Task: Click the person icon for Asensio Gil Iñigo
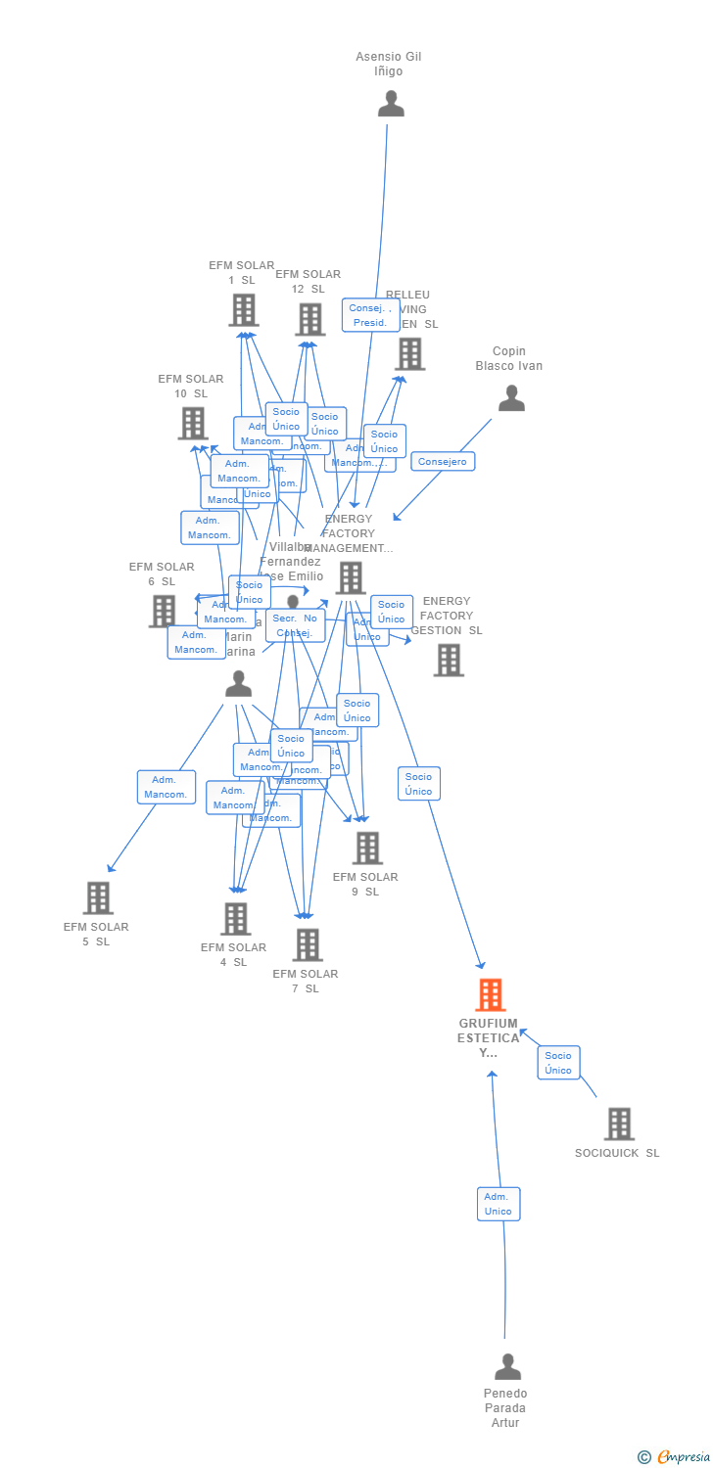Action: [391, 104]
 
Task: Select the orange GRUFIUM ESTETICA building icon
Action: [490, 994]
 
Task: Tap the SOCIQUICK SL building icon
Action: [618, 1124]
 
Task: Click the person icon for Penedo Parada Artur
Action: [507, 1366]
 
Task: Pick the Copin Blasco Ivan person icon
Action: [511, 398]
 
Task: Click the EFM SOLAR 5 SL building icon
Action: [98, 897]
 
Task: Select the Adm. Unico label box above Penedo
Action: [498, 1204]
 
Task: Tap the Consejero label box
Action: [443, 461]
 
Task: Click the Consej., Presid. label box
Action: [370, 315]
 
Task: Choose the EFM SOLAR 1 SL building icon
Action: [243, 310]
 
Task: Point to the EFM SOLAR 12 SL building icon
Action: [309, 319]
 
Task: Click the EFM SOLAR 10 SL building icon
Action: [193, 423]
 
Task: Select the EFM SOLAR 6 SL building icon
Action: [163, 611]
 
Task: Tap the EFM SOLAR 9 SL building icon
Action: [367, 848]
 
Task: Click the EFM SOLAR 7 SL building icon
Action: [308, 944]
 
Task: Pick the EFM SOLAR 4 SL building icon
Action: [235, 919]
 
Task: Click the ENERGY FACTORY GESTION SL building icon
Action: [449, 660]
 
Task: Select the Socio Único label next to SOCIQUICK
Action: [558, 1063]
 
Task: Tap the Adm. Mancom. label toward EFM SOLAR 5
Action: [166, 787]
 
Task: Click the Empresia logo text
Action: [682, 1457]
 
